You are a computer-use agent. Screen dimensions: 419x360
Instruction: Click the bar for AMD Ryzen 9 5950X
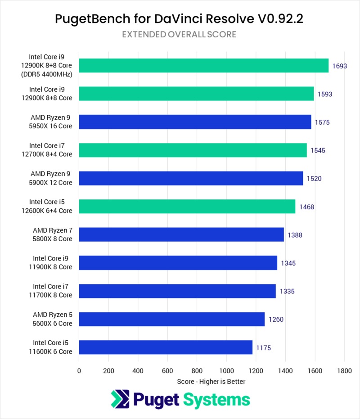[x=195, y=122]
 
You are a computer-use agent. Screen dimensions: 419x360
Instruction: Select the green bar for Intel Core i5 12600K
[x=187, y=207]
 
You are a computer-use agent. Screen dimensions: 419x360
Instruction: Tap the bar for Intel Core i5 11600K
[x=166, y=347]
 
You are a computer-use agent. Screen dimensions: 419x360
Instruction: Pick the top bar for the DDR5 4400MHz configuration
[x=203, y=66]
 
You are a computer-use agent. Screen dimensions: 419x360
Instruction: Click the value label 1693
[x=340, y=66]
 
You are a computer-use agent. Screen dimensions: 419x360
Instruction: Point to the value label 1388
[x=295, y=235]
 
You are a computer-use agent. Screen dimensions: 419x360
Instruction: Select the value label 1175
[x=264, y=348]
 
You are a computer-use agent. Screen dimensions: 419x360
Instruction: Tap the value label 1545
[x=318, y=150]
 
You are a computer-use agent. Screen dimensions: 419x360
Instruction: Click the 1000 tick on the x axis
[x=226, y=371]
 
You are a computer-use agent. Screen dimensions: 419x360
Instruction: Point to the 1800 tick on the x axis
[x=344, y=371]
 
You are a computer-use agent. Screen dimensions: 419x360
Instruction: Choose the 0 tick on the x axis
[x=79, y=371]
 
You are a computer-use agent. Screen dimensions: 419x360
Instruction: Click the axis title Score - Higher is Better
[x=211, y=381]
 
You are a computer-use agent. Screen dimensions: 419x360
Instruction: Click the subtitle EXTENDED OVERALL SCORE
[x=180, y=35]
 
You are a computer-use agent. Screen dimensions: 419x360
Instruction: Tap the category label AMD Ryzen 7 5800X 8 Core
[x=52, y=234]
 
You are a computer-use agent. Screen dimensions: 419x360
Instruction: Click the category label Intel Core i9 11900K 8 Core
[x=52, y=263]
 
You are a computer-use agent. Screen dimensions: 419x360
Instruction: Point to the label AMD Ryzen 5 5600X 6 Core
[x=52, y=319]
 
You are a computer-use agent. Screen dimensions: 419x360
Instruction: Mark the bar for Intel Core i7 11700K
[x=177, y=291]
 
